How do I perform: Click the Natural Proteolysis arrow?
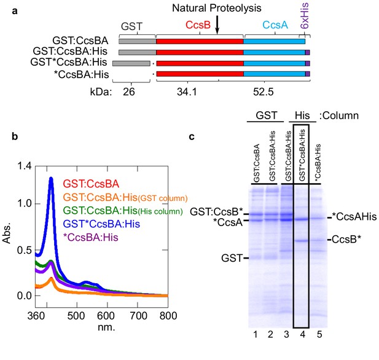217,25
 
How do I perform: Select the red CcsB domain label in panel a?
198,25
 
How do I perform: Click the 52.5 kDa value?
264,92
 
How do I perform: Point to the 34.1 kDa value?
187,92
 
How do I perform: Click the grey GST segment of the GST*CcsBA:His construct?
131,63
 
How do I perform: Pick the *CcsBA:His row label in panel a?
81,74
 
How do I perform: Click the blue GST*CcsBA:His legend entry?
101,224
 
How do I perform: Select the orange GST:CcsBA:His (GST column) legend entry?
125,198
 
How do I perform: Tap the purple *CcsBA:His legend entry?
91,237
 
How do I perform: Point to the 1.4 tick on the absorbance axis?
25,166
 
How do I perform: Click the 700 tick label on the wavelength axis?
138,316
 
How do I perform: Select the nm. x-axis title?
106,327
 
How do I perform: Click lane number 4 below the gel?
302,334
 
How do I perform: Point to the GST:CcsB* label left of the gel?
216,212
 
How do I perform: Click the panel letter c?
192,137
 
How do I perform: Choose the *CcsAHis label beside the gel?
354,217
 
